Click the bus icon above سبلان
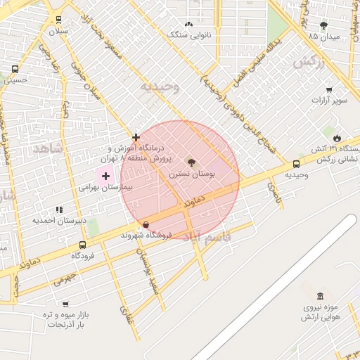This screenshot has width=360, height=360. [x=57, y=20]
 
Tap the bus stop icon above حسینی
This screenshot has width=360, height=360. [x=15, y=69]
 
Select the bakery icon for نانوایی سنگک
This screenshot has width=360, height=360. [x=188, y=25]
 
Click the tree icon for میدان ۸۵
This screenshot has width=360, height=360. [x=323, y=25]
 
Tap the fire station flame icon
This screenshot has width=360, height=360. [x=337, y=137]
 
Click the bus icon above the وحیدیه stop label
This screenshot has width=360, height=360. [x=296, y=165]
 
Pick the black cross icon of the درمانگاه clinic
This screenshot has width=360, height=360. [x=136, y=137]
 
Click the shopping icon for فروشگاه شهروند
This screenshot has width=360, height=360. [x=146, y=225]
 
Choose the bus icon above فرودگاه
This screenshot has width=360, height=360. [x=83, y=245]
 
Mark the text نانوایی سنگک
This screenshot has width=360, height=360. [x=189, y=34]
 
